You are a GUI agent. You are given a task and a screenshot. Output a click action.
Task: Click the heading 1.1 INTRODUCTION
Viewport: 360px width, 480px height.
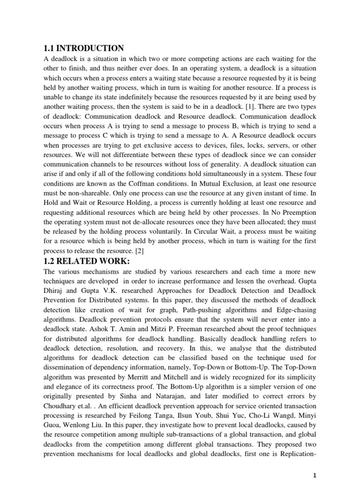(84, 48)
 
